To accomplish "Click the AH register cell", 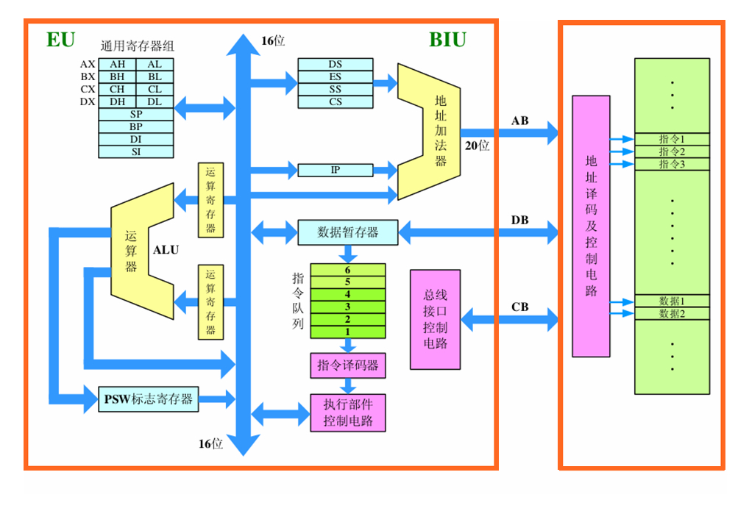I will (x=118, y=64).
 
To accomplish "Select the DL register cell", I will (x=155, y=101).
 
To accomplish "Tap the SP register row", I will (x=136, y=114).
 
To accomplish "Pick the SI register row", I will (x=136, y=151).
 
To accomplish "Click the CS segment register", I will (x=336, y=101).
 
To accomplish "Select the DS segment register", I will (x=336, y=64).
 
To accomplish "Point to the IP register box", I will (x=336, y=170).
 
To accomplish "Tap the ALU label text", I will (x=166, y=250).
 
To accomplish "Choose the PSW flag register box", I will (x=148, y=399).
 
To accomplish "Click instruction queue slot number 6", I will (x=347, y=270).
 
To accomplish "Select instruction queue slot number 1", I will (x=347, y=332).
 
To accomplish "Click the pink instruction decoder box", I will (x=347, y=365).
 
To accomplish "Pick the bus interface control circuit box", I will (x=435, y=319).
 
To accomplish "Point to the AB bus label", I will (x=519, y=121).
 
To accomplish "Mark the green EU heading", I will (x=60, y=40).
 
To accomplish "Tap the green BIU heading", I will (x=447, y=40).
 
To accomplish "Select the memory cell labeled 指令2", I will (x=672, y=151).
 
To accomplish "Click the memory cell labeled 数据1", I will (x=672, y=301).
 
